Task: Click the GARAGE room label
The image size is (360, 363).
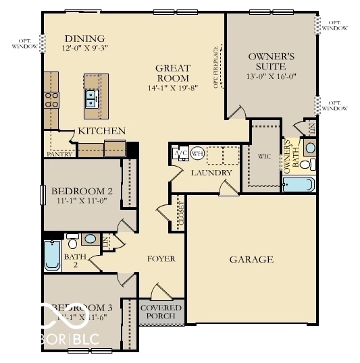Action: (x=251, y=259)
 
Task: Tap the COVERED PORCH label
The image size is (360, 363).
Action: (x=162, y=312)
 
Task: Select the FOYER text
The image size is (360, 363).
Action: (x=161, y=258)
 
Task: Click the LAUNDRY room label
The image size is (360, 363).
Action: (x=211, y=173)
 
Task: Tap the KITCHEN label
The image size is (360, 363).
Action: (x=102, y=130)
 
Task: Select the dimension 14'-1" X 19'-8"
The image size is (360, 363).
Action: (x=174, y=88)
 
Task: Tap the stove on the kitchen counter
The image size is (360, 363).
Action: (x=51, y=101)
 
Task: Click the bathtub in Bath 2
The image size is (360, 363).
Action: (x=52, y=255)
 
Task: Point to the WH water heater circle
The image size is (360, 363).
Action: (x=197, y=153)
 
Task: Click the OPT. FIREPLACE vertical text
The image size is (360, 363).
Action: (x=217, y=67)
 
